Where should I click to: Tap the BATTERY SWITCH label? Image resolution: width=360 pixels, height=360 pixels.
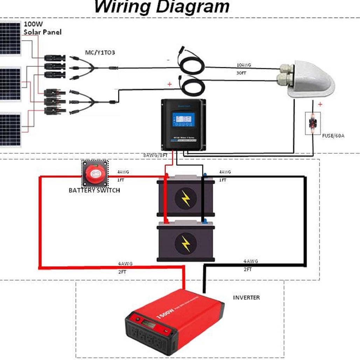[x=94, y=191]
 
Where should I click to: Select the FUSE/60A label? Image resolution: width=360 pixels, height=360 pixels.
[x=333, y=135]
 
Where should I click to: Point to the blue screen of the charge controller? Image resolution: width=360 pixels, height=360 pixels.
[x=182, y=120]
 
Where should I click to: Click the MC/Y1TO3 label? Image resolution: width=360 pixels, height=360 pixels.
[x=100, y=53]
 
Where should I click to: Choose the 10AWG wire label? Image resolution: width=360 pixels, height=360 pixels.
[x=244, y=65]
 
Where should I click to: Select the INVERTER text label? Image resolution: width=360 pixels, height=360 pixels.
[x=247, y=297]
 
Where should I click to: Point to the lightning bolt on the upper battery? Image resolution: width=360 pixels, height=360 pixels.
[x=186, y=199]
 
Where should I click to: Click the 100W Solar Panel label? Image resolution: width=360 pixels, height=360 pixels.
[x=42, y=28]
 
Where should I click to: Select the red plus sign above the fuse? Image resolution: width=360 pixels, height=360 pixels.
[x=320, y=104]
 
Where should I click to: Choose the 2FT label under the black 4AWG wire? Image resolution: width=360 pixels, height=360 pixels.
[x=248, y=269]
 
